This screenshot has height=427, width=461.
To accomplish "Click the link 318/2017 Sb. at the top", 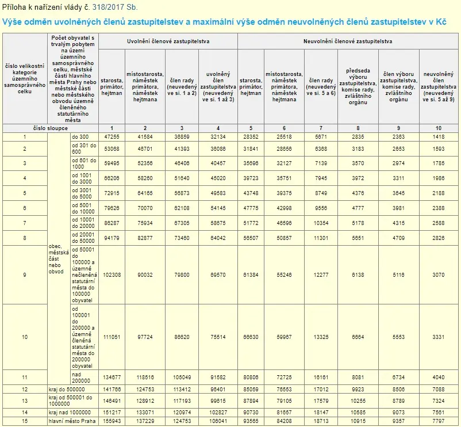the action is pyautogui.click(x=115, y=7).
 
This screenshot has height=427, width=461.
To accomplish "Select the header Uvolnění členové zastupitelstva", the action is pyautogui.click(x=168, y=41).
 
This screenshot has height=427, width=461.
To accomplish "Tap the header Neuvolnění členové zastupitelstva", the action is pyautogui.click(x=348, y=41).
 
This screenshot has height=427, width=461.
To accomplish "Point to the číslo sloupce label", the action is pyautogui.click(x=51, y=128).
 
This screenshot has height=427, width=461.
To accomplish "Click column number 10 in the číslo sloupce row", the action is pyautogui.click(x=439, y=128).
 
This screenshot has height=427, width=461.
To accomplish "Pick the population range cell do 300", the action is pyautogui.click(x=80, y=137).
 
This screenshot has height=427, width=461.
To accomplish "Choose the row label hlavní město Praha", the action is pyautogui.click(x=72, y=421).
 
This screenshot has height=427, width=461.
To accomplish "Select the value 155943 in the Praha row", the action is pyautogui.click(x=112, y=421).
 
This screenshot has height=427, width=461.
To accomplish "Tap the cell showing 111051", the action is pyautogui.click(x=112, y=337).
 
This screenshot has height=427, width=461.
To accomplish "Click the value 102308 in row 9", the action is pyautogui.click(x=112, y=275).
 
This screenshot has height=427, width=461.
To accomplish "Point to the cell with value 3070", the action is pyautogui.click(x=439, y=275).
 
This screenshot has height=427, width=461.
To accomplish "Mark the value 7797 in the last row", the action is pyautogui.click(x=439, y=421).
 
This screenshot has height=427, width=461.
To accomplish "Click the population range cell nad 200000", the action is pyautogui.click(x=81, y=378).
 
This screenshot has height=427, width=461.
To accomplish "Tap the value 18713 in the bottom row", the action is pyautogui.click(x=321, y=421).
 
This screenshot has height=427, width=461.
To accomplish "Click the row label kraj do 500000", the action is pyautogui.click(x=67, y=390).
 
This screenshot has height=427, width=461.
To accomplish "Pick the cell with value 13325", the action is pyautogui.click(x=321, y=337).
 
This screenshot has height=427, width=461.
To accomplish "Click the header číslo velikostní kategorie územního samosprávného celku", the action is pyautogui.click(x=25, y=79).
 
